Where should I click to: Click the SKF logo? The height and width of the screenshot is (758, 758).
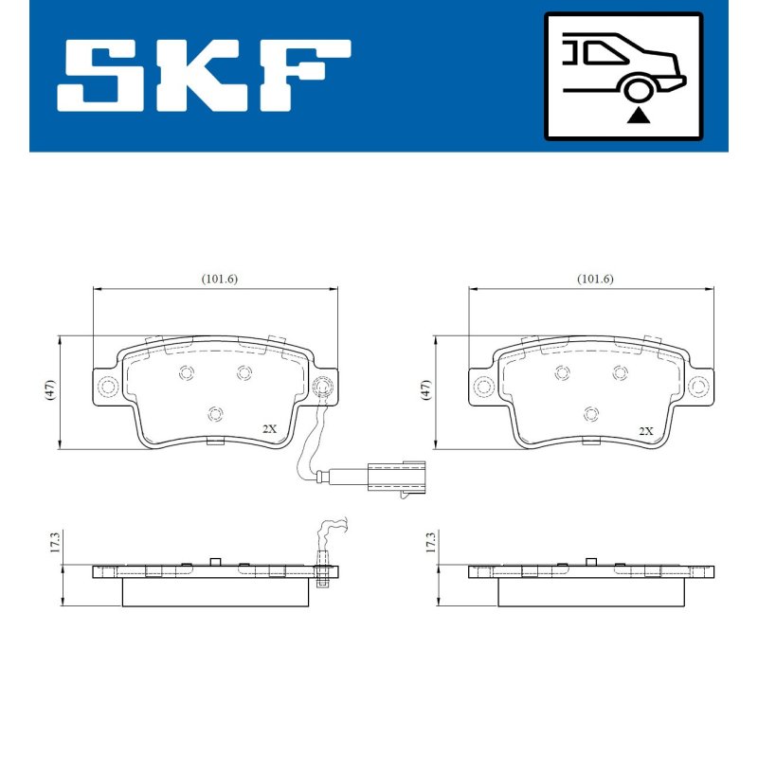click(x=204, y=76)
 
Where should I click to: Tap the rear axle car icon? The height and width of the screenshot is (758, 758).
click(x=623, y=77)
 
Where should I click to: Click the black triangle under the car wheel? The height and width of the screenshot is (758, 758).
click(x=639, y=116)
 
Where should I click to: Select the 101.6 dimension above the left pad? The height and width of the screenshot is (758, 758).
click(x=220, y=279)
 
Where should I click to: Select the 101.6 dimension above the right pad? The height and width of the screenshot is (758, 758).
click(x=595, y=279)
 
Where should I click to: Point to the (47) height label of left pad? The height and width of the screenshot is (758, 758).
click(x=50, y=389)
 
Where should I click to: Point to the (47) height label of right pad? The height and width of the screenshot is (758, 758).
click(x=425, y=389)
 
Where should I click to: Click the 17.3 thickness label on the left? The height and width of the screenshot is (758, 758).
click(x=54, y=542)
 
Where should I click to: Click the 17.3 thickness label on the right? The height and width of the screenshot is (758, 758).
click(x=430, y=542)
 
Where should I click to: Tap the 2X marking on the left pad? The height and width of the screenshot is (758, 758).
click(x=269, y=429)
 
